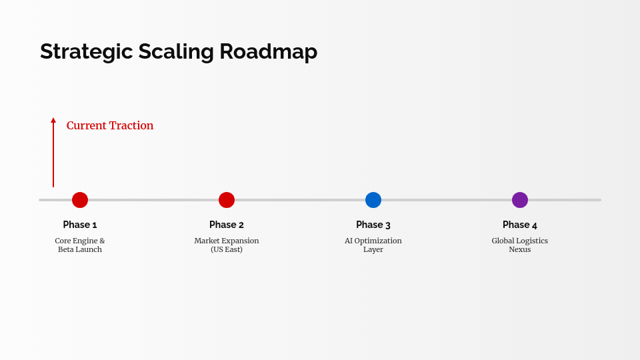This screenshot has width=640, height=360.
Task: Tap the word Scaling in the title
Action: pyautogui.click(x=176, y=52)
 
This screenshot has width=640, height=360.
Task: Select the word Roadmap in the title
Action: pyautogui.click(x=268, y=52)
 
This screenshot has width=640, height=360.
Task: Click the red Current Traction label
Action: pyautogui.click(x=110, y=125)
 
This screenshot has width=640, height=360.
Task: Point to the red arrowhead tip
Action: pyautogui.click(x=53, y=119)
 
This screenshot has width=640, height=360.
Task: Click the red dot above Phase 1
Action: pyautogui.click(x=80, y=200)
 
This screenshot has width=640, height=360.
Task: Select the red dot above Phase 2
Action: pyautogui.click(x=227, y=200)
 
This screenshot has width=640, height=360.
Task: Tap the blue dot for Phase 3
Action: pyautogui.click(x=373, y=200)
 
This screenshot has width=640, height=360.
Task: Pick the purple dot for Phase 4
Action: pyautogui.click(x=520, y=200)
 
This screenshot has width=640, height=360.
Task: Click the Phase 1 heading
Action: pyautogui.click(x=80, y=225)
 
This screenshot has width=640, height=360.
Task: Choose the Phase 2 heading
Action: pyautogui.click(x=227, y=225)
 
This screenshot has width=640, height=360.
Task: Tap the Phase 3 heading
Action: pyautogui.click(x=373, y=225)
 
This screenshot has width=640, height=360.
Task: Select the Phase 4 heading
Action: pyautogui.click(x=520, y=225)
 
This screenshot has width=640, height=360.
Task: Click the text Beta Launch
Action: pyautogui.click(x=80, y=249)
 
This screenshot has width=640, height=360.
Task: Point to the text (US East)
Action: pyautogui.click(x=227, y=249)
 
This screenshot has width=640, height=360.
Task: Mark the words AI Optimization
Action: pyautogui.click(x=373, y=241)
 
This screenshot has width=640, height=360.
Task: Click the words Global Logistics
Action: pyautogui.click(x=520, y=241)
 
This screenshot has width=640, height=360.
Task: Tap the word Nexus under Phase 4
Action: pyautogui.click(x=520, y=249)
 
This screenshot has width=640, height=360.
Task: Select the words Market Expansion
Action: pyautogui.click(x=227, y=241)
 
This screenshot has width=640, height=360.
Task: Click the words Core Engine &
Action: pyautogui.click(x=80, y=241)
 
